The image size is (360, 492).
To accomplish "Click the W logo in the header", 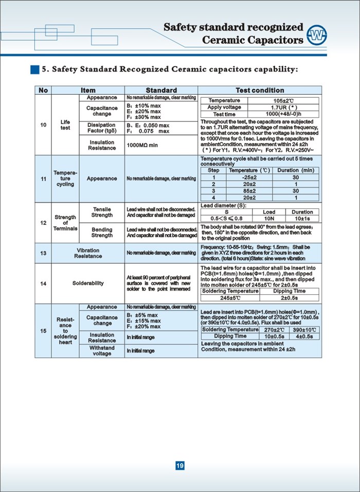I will click(317, 35).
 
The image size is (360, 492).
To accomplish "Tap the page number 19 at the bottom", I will click(180, 466).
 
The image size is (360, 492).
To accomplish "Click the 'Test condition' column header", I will click(260, 90).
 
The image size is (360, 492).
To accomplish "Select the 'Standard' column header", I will click(161, 90).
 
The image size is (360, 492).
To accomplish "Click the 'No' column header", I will click(43, 90).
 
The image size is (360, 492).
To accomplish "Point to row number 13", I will click(43, 253).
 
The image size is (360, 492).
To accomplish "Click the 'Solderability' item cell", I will click(88, 283).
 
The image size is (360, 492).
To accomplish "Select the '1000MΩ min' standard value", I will click(142, 146).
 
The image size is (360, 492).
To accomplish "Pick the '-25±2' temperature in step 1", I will click(249, 177).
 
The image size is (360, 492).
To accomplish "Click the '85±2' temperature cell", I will click(249, 190).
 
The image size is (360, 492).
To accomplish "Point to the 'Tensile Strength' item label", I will click(102, 212).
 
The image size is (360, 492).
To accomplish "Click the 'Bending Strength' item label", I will click(102, 233).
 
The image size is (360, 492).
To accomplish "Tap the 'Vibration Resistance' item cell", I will click(88, 253).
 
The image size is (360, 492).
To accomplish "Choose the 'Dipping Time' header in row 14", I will click(290, 291).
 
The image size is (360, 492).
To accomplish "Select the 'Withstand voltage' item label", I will click(102, 350).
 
